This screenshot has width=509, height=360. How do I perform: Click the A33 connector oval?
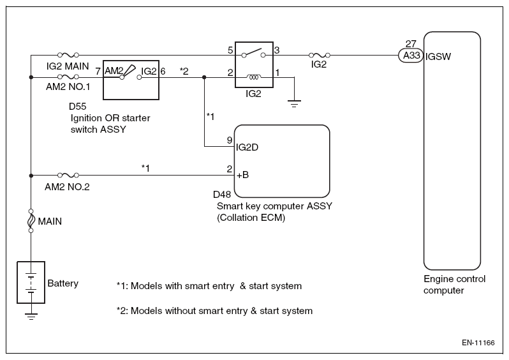click(411, 56)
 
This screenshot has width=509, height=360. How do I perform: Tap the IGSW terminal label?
click(438, 57)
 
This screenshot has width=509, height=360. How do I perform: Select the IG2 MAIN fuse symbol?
click(68, 55)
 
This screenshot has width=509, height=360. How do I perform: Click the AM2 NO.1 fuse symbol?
click(68, 77)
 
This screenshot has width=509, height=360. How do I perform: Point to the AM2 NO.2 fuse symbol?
click(68, 175)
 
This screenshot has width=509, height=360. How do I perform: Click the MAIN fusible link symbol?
click(31, 221)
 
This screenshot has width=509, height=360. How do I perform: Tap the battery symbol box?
click(31, 282)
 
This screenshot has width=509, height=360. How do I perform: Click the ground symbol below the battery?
click(31, 317)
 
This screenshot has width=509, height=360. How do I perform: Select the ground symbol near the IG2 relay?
click(294, 103)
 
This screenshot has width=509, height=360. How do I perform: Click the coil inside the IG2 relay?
click(254, 77)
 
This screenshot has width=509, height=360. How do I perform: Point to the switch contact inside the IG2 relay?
click(253, 53)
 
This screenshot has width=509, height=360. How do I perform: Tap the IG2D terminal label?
click(247, 147)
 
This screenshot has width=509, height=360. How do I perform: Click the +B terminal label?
click(242, 175)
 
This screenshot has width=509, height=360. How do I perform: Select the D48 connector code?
click(222, 194)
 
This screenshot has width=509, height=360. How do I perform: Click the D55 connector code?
click(78, 106)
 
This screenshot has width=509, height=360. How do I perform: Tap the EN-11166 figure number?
click(478, 343)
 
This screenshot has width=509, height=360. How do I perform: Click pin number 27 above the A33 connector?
click(411, 43)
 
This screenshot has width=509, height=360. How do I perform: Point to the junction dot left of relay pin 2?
click(204, 77)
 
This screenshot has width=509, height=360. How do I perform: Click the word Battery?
click(63, 283)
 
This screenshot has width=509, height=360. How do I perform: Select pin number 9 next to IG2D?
click(230, 140)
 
